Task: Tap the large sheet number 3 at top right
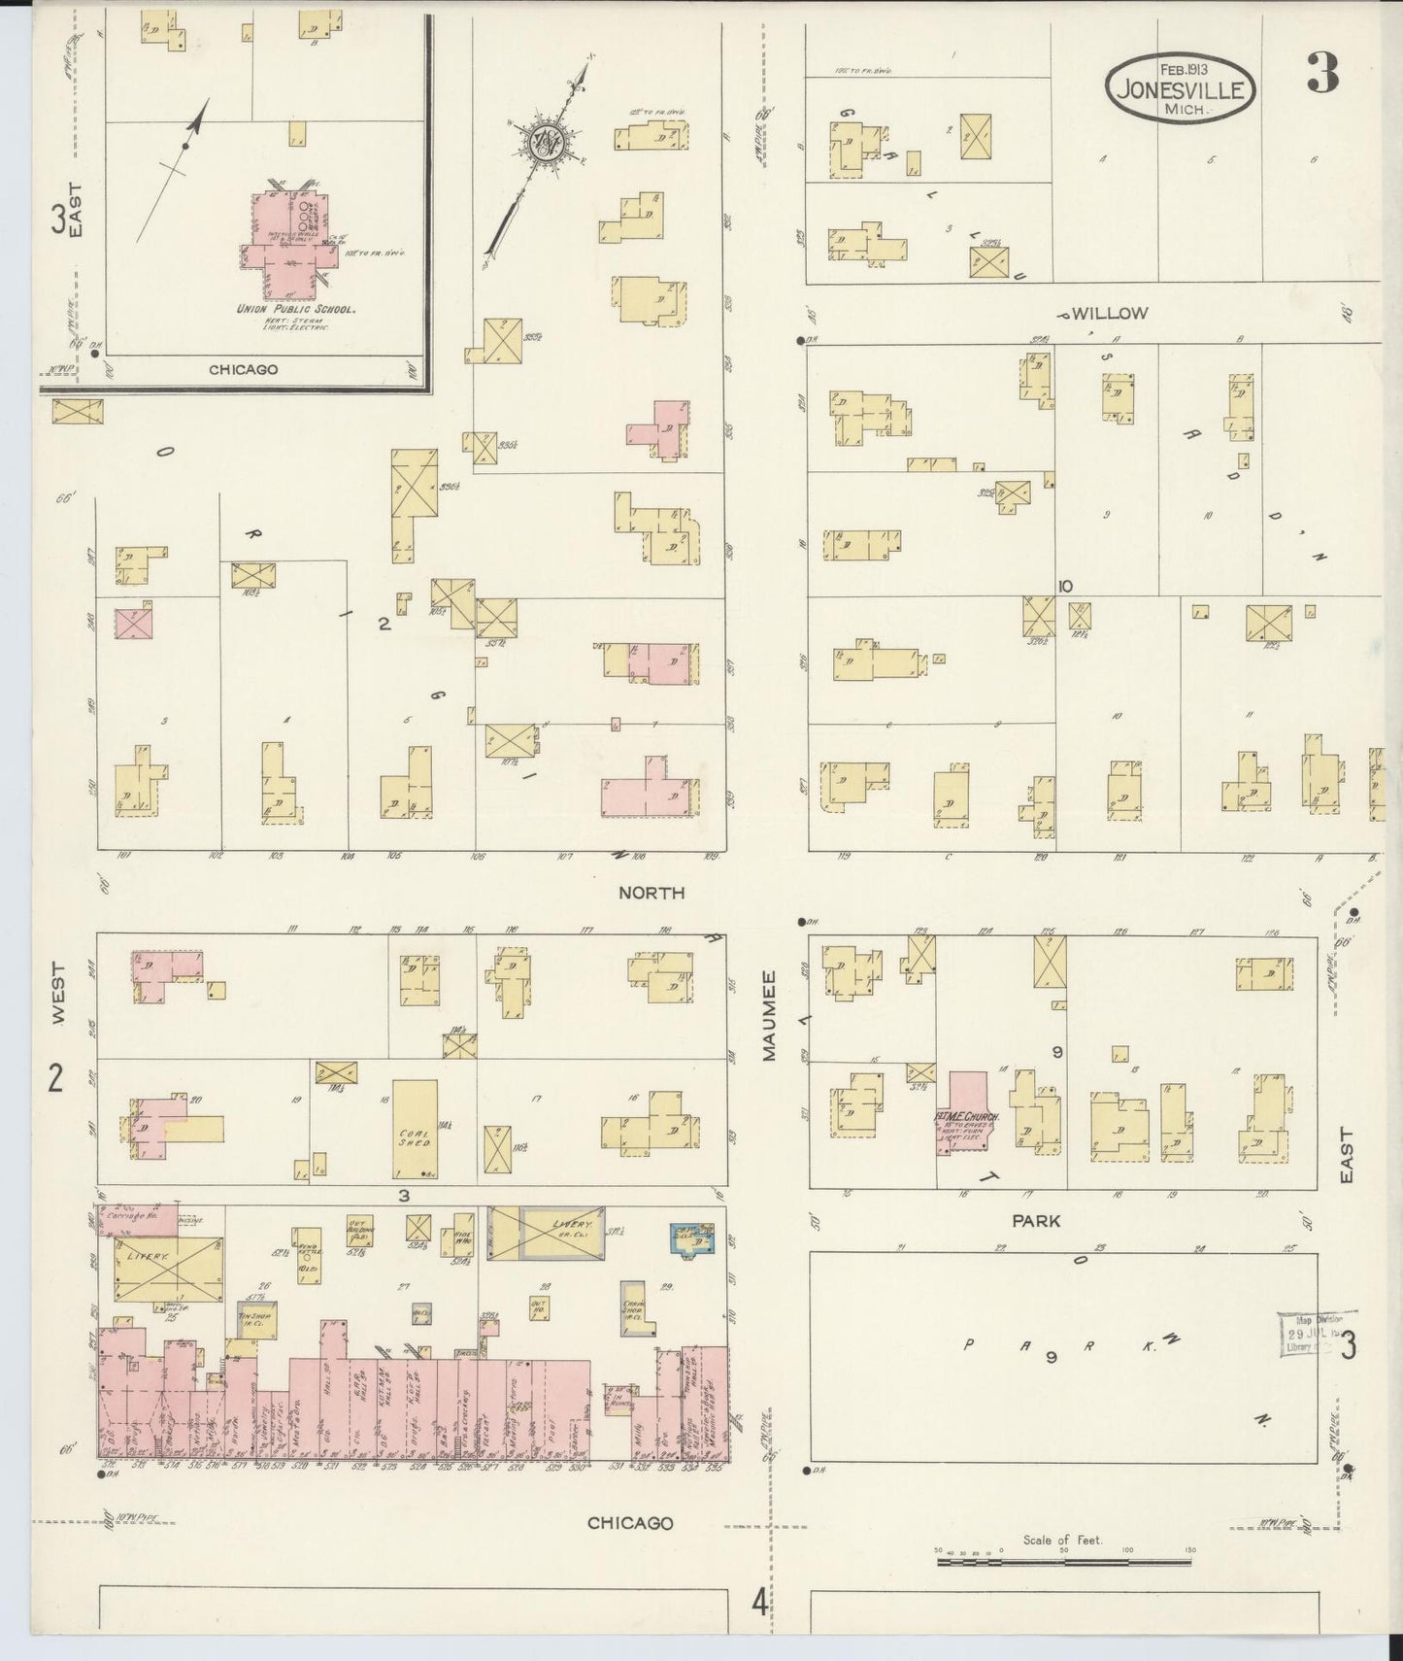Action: click(1321, 71)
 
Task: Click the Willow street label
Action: click(1110, 314)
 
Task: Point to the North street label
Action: click(651, 892)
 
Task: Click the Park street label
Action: click(1035, 1221)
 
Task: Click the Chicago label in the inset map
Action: click(243, 369)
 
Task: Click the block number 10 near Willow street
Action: click(1065, 586)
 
